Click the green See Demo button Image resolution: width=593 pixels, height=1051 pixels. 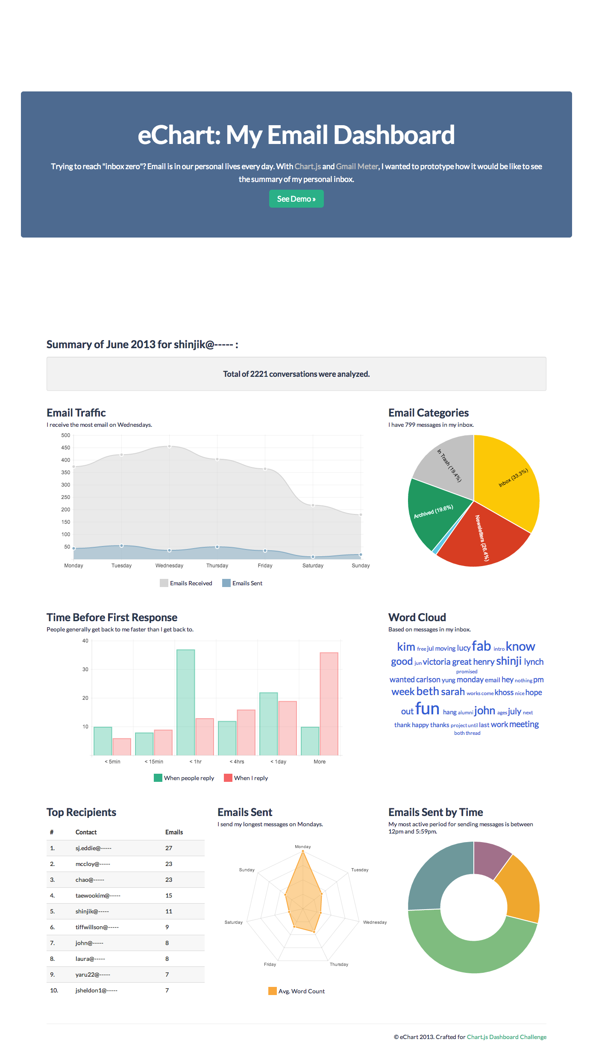tap(296, 199)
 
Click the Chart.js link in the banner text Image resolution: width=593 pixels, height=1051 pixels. tap(308, 166)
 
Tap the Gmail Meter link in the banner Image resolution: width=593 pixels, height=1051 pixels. tap(357, 166)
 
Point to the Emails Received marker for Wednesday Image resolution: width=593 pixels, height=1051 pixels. tap(169, 446)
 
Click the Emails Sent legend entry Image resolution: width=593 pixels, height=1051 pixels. tap(242, 583)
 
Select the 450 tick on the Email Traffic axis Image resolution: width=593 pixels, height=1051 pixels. tap(65, 448)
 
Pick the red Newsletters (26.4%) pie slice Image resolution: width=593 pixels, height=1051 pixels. tap(483, 538)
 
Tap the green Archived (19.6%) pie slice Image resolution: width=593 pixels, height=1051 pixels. tap(432, 513)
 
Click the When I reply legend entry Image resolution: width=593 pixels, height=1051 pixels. tap(246, 778)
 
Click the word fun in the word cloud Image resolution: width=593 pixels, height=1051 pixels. tap(427, 709)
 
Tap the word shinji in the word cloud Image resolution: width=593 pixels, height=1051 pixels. tap(508, 661)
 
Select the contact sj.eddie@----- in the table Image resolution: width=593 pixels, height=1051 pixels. tap(94, 848)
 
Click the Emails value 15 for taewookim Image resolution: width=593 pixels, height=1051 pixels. tap(169, 895)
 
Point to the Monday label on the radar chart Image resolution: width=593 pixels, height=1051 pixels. tap(303, 847)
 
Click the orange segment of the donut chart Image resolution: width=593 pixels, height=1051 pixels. tap(519, 889)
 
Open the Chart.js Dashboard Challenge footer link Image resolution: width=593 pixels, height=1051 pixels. tap(507, 1037)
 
